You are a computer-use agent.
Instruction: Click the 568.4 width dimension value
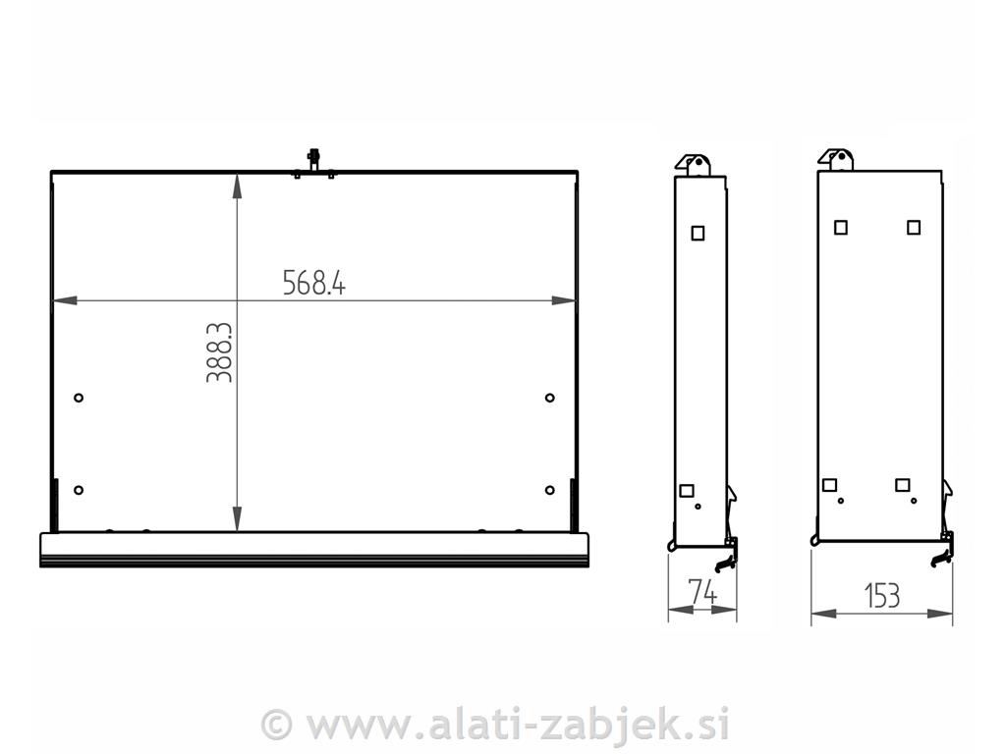click(314, 283)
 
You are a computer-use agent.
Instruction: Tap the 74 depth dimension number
click(701, 593)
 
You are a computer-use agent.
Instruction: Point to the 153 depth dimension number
click(881, 595)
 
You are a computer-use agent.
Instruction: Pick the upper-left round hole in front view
click(79, 398)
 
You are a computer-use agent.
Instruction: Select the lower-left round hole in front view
click(79, 490)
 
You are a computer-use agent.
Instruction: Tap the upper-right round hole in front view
click(549, 398)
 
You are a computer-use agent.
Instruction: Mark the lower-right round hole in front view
click(549, 490)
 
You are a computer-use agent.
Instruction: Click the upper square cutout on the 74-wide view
click(698, 233)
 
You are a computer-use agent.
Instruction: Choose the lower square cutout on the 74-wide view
click(687, 490)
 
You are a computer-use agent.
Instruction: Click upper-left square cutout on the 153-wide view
click(841, 227)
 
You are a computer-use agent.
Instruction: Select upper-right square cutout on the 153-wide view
click(914, 227)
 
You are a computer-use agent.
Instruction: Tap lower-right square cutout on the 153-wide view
click(903, 484)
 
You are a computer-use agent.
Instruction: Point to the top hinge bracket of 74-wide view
click(696, 164)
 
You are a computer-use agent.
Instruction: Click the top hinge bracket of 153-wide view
click(837, 159)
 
